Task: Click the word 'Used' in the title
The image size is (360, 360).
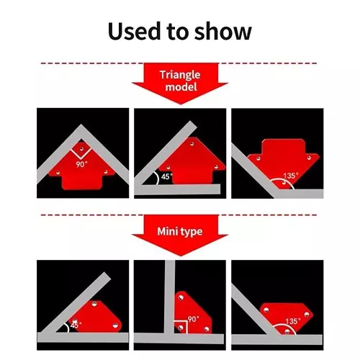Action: pyautogui.click(x=134, y=31)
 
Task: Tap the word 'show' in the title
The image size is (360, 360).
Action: pyautogui.click(x=223, y=31)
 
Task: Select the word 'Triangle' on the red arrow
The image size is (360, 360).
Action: pyautogui.click(x=180, y=75)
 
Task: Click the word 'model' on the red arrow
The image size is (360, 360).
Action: pyautogui.click(x=181, y=86)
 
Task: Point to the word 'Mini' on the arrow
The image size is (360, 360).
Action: pyautogui.click(x=168, y=231)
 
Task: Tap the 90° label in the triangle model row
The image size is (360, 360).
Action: pyautogui.click(x=82, y=165)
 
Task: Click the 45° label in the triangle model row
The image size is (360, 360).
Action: pyautogui.click(x=167, y=176)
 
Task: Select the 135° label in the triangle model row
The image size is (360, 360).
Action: pyautogui.click(x=291, y=176)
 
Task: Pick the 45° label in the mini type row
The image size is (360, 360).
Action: pyautogui.click(x=76, y=325)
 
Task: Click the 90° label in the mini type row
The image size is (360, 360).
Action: pyautogui.click(x=194, y=319)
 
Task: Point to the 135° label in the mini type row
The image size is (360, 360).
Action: pyautogui.click(x=293, y=321)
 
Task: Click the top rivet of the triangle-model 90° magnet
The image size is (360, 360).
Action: pyautogui.click(x=81, y=149)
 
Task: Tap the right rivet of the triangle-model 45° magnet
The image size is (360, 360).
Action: pyautogui.click(x=216, y=167)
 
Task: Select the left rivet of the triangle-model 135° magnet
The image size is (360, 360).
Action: pyautogui.click(x=258, y=158)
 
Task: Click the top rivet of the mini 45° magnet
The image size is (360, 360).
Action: pyautogui.click(x=94, y=304)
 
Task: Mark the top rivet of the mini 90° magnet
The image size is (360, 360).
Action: pyautogui.click(x=181, y=297)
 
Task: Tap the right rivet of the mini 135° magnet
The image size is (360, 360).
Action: pyautogui.click(x=307, y=314)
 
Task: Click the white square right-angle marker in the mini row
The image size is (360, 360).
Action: pyautogui.click(x=180, y=327)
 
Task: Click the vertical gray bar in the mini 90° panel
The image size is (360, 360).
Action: pyautogui.click(x=170, y=297)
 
